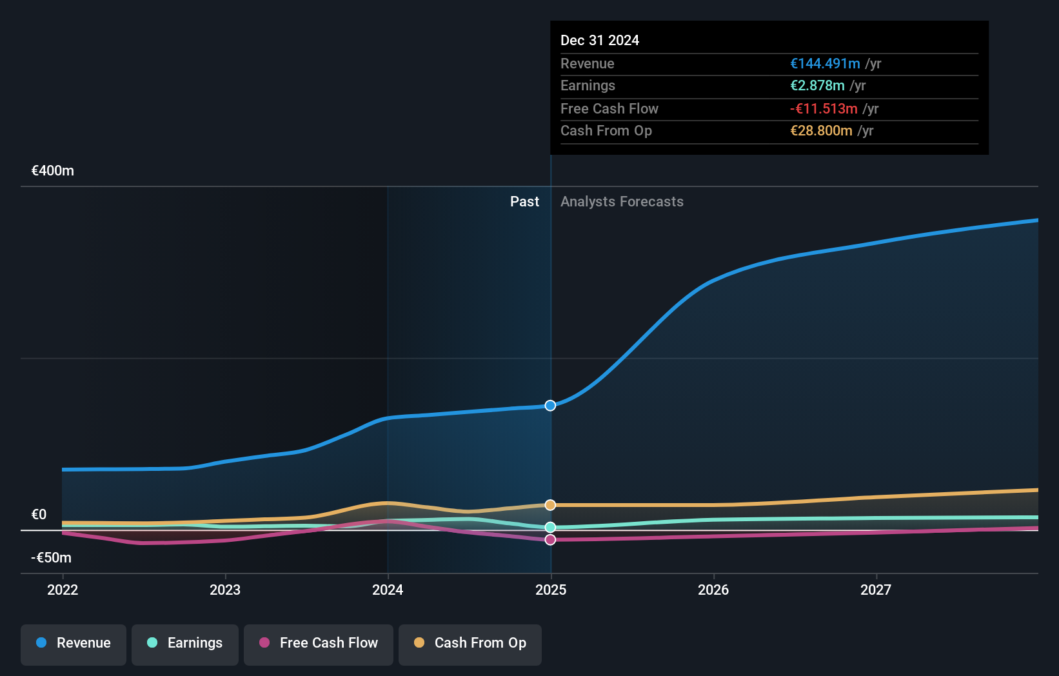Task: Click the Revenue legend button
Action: coord(74,643)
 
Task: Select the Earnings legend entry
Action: coord(185,643)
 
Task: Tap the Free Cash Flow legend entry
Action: coord(319,643)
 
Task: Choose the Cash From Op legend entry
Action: coord(470,643)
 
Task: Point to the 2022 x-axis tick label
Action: coord(63,590)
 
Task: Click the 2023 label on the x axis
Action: coord(225,590)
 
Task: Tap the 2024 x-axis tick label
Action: coord(388,590)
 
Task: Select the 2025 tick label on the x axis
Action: coord(551,590)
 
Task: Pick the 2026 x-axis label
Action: coord(713,590)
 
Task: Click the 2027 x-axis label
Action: coord(876,590)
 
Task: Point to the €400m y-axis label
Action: coord(53,171)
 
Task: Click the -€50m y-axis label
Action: coord(52,557)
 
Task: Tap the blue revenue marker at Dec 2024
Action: coord(550,406)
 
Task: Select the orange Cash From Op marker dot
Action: coord(550,505)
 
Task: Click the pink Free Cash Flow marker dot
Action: coord(550,540)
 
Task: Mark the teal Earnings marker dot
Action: coord(550,527)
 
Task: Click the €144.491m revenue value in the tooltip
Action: coord(825,64)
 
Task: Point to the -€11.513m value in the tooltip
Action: coord(824,109)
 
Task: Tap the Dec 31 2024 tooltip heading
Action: coord(600,41)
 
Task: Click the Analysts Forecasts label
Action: coord(622,202)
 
